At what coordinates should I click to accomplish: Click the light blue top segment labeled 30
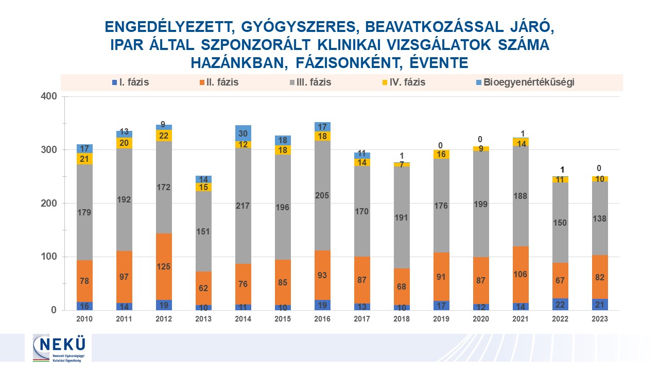[x=243, y=132]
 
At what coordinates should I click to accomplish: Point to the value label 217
[x=243, y=206]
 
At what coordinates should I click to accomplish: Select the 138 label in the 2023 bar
[x=600, y=218]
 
